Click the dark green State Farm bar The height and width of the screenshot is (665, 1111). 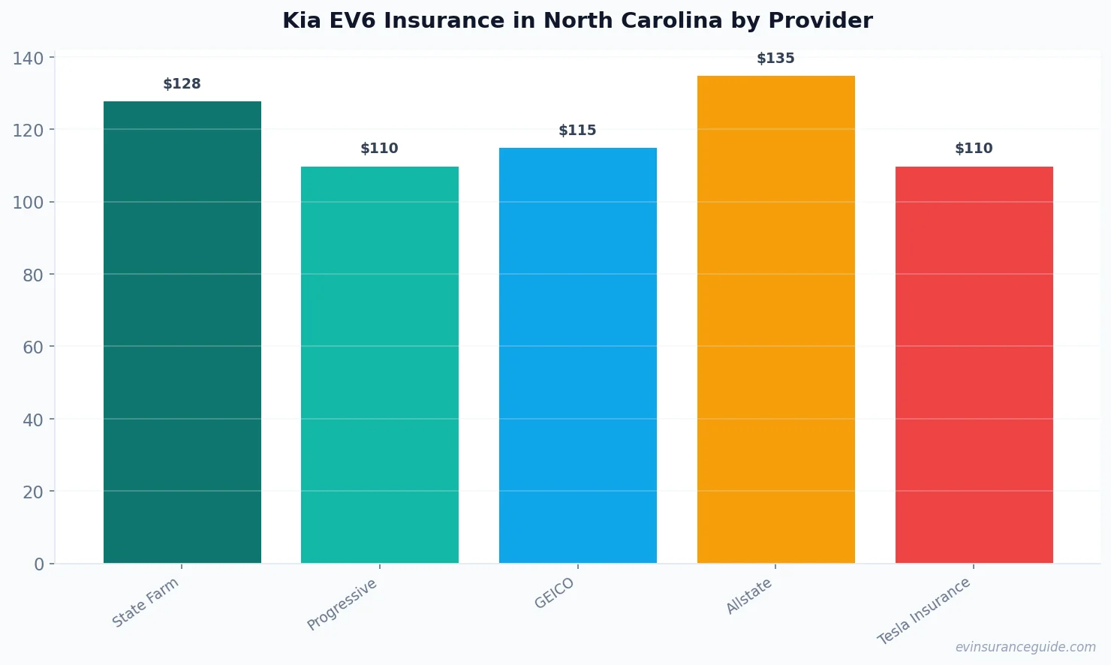pyautogui.click(x=182, y=332)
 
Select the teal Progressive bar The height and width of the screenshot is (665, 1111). pyautogui.click(x=380, y=365)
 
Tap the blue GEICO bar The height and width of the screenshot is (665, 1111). pyautogui.click(x=578, y=355)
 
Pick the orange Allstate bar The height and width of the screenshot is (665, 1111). pyautogui.click(x=775, y=319)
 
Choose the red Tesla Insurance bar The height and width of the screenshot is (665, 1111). pyautogui.click(x=974, y=365)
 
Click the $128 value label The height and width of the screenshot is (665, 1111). pyautogui.click(x=182, y=84)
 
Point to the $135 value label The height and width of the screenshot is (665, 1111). pyautogui.click(x=775, y=59)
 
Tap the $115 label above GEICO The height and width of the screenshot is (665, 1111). pyautogui.click(x=577, y=131)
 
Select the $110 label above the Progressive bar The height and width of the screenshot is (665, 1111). pyautogui.click(x=379, y=149)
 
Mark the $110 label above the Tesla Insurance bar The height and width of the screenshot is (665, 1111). pyautogui.click(x=974, y=149)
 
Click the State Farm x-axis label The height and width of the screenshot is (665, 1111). pyautogui.click(x=146, y=602)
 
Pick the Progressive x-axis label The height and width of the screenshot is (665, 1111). pyautogui.click(x=342, y=604)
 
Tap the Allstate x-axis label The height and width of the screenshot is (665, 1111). pyautogui.click(x=749, y=597)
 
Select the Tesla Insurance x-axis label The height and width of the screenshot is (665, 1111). pyautogui.click(x=924, y=611)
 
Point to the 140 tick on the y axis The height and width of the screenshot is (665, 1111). pyautogui.click(x=28, y=59)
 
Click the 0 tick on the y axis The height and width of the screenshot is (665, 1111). pyautogui.click(x=39, y=564)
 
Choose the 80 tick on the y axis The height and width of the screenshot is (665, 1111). pyautogui.click(x=33, y=275)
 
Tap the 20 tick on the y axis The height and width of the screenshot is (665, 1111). pyautogui.click(x=33, y=492)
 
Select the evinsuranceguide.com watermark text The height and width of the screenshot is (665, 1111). pyautogui.click(x=1025, y=647)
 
